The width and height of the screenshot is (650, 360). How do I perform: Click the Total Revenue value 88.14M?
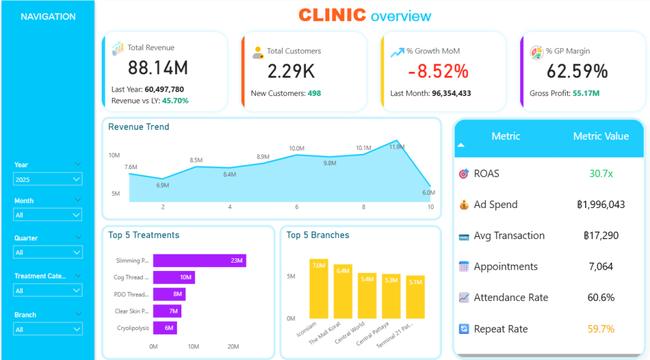tap(158, 68)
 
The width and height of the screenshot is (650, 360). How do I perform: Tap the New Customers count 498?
tap(314, 93)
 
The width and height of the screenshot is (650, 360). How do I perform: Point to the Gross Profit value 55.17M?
tap(586, 93)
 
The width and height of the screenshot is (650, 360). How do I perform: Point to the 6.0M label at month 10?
tap(428, 193)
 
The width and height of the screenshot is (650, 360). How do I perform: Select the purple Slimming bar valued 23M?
tap(199, 261)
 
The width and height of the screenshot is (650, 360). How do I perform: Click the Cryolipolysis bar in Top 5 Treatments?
tap(165, 328)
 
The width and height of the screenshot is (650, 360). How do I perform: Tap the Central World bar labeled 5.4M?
tap(368, 296)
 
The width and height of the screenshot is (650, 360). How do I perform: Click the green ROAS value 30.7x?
tap(600, 174)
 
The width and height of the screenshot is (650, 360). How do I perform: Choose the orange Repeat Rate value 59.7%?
tap(600, 329)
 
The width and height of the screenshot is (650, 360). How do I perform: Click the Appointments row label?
tap(506, 267)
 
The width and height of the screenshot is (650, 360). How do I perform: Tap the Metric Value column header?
tap(600, 136)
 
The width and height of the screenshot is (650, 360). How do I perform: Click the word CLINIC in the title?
tap(332, 15)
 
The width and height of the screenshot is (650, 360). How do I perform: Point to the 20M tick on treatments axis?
tap(233, 347)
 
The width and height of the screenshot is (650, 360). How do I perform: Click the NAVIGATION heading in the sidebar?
tap(48, 17)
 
